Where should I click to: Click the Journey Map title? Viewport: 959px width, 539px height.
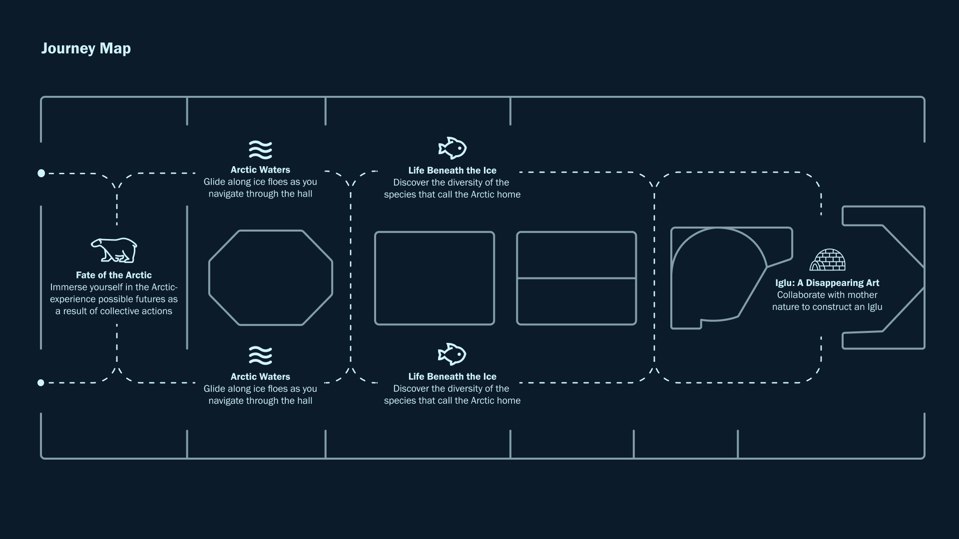[x=86, y=48]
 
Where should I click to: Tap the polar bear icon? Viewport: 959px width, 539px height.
[x=114, y=250]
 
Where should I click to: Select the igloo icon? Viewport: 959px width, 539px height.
[x=827, y=260]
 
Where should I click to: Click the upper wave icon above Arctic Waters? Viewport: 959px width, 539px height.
[x=260, y=150]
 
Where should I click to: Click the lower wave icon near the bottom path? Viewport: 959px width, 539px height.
[x=260, y=355]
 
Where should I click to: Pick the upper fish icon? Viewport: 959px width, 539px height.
[x=453, y=148]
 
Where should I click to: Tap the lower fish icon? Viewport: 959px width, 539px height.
[x=452, y=354]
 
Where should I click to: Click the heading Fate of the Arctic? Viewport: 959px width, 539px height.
[x=114, y=275]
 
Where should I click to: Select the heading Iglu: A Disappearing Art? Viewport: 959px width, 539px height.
[x=827, y=283]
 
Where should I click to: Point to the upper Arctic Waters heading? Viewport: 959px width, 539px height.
[x=260, y=170]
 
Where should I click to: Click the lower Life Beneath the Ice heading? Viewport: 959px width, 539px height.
[x=453, y=376]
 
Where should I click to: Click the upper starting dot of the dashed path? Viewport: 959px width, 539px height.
[x=41, y=173]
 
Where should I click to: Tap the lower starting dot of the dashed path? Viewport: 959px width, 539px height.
[x=41, y=383]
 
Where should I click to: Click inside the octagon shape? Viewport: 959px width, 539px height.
[x=271, y=277]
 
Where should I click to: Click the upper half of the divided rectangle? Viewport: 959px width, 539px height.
[x=576, y=255]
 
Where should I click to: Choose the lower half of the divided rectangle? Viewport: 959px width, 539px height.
[x=576, y=301]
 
